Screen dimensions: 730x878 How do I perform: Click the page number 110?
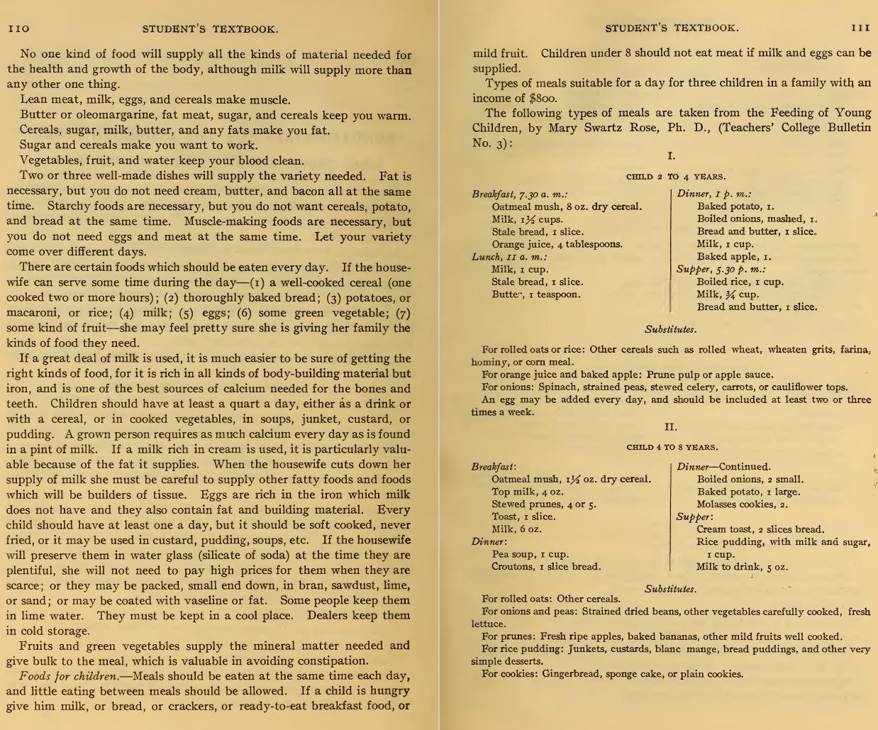(18, 29)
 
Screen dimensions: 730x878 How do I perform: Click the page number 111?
(860, 28)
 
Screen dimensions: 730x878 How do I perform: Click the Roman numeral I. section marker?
(671, 156)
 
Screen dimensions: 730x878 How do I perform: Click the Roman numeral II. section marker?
(670, 427)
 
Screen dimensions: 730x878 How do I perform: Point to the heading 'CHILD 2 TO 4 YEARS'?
(675, 177)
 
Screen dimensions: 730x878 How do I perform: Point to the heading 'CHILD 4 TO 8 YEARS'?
(672, 448)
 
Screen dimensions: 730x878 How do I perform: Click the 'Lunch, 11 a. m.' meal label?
(509, 257)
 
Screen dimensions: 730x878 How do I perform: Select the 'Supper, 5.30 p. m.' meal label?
(721, 270)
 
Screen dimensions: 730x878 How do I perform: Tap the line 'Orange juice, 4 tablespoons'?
(557, 245)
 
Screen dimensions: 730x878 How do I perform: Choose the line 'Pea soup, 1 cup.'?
(530, 554)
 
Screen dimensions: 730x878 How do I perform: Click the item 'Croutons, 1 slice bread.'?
(545, 567)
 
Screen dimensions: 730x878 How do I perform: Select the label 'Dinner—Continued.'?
(723, 467)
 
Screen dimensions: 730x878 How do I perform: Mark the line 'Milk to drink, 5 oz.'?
(741, 567)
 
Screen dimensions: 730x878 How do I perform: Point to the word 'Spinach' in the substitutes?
(558, 387)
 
